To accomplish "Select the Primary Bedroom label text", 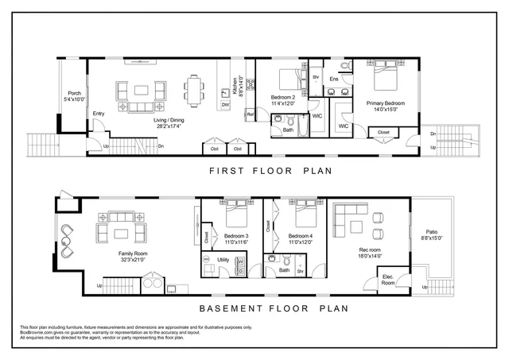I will (385, 103).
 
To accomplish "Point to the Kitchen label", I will (235, 85).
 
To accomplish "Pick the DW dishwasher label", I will (226, 105).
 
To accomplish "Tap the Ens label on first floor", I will (334, 79).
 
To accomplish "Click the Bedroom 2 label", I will (283, 98).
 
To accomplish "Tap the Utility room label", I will (223, 260).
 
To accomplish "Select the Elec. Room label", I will (388, 280).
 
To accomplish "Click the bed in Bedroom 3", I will (235, 215).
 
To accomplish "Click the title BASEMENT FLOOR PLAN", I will (263, 308).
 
